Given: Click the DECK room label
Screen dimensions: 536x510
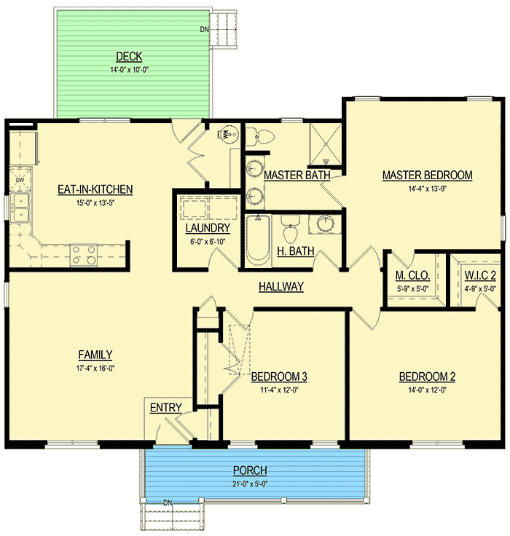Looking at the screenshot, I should [128, 57].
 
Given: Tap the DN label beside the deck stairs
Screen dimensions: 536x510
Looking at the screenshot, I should [204, 30].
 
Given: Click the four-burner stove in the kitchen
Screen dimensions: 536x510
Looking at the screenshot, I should [82, 254].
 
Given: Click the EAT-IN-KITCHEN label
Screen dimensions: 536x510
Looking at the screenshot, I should [95, 189].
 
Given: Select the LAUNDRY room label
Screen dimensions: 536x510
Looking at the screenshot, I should [208, 228].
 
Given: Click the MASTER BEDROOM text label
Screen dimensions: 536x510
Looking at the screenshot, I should [427, 175].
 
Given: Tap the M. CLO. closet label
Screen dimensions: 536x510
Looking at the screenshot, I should [412, 276].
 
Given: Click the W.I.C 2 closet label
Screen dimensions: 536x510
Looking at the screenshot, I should [479, 276].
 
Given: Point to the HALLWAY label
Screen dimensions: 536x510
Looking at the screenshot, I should [280, 287].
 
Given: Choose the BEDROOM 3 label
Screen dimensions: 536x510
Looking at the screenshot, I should [279, 377].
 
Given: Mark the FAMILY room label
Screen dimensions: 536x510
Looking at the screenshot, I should [95, 355].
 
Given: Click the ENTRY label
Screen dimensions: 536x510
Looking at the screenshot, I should [165, 408].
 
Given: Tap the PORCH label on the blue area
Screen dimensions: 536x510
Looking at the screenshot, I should [250, 470].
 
